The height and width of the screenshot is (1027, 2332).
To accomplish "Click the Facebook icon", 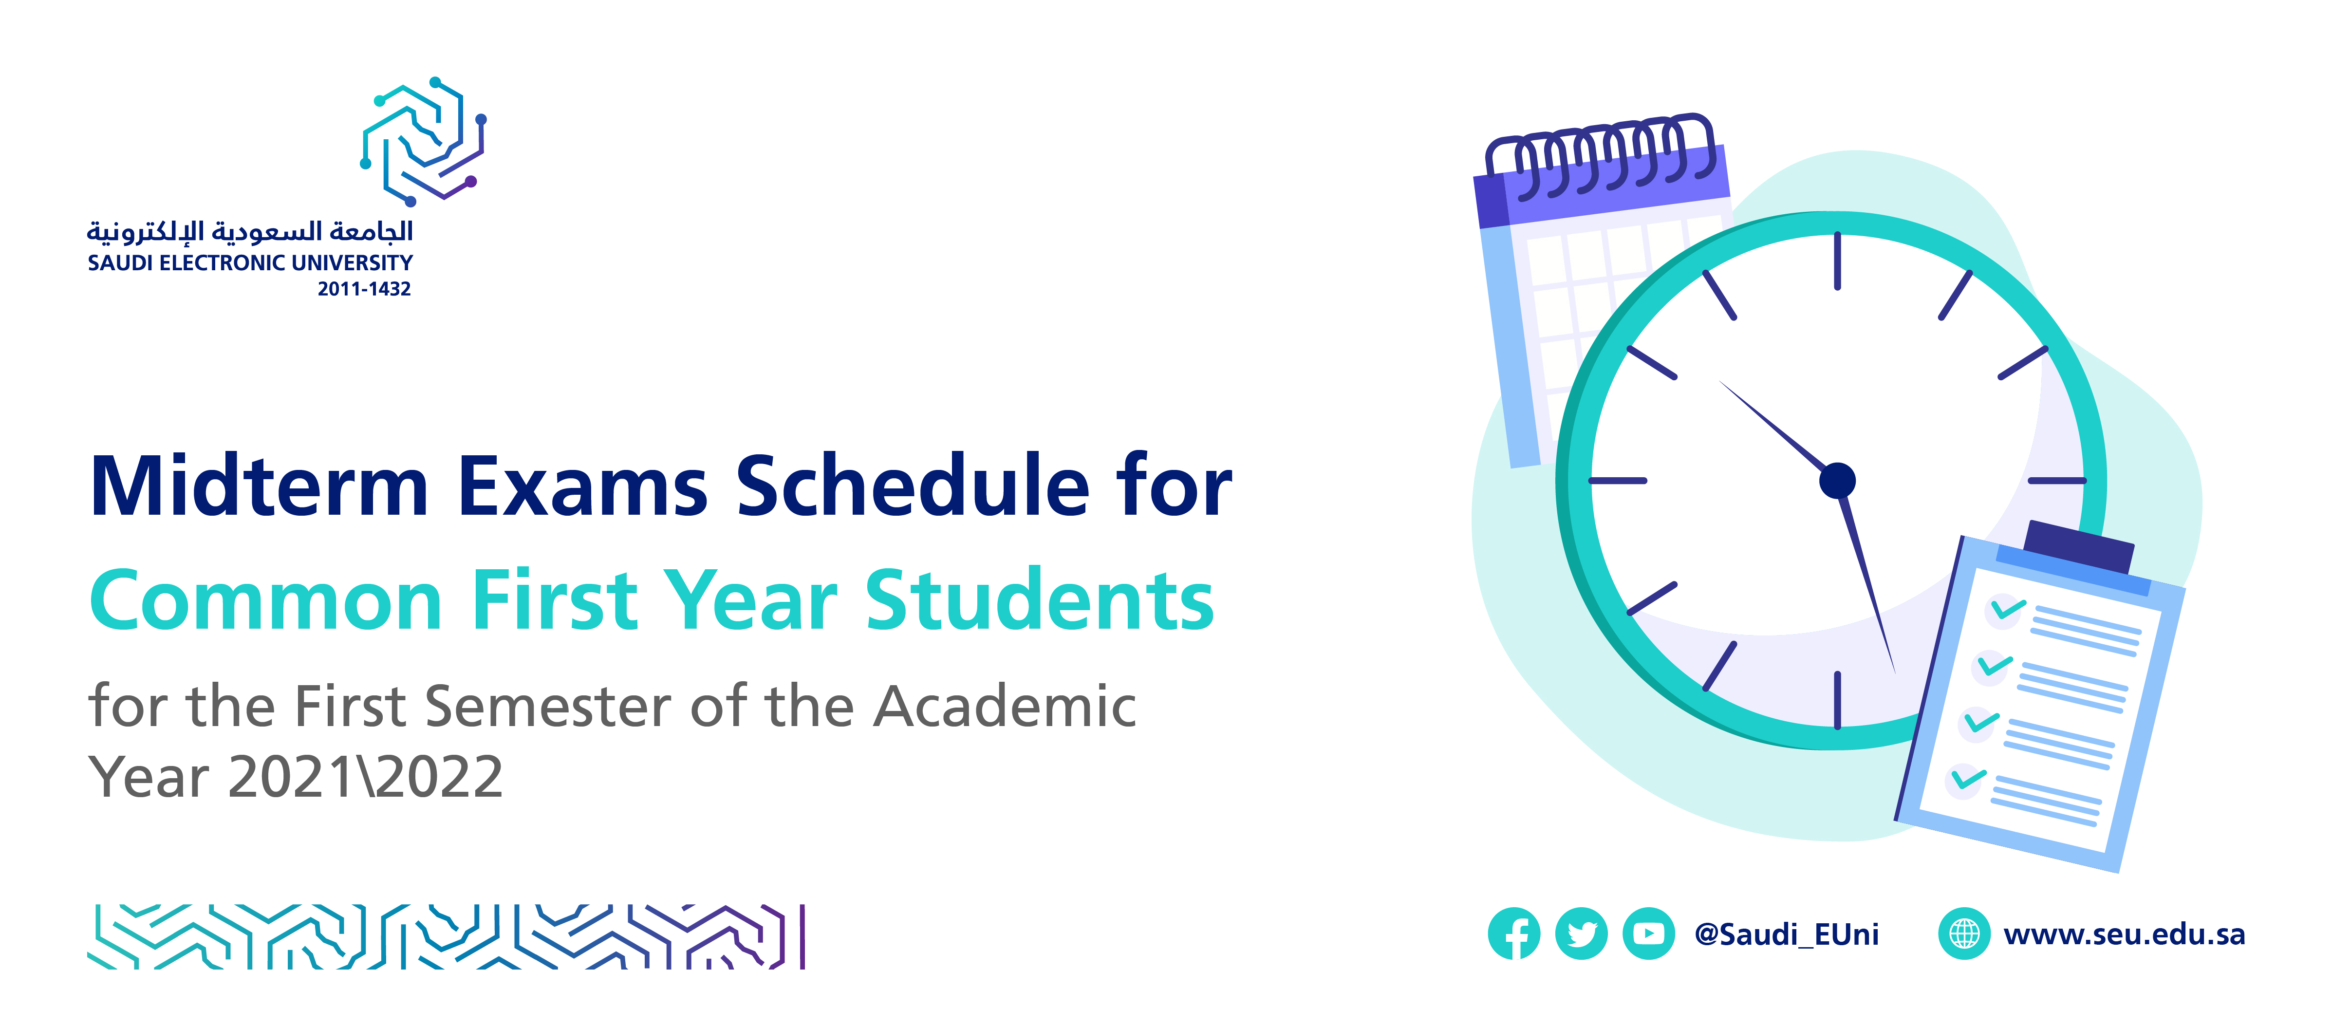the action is pyautogui.click(x=1513, y=933).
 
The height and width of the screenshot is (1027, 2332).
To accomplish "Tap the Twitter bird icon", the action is pyautogui.click(x=1581, y=933).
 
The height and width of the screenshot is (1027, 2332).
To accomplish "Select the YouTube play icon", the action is pyautogui.click(x=1648, y=933).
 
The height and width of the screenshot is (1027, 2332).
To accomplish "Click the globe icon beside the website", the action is pyautogui.click(x=1963, y=933).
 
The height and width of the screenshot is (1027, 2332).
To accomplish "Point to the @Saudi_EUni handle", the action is pyautogui.click(x=1786, y=934).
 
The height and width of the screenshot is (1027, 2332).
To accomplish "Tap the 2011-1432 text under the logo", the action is pyautogui.click(x=364, y=289).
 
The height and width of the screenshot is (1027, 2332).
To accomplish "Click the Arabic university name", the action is pyautogui.click(x=250, y=232).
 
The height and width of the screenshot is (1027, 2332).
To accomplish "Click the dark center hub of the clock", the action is pyautogui.click(x=1837, y=480).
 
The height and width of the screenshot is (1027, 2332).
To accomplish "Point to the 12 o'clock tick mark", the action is pyautogui.click(x=1837, y=261).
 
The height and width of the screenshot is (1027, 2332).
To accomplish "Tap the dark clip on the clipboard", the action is pyautogui.click(x=2078, y=546).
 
